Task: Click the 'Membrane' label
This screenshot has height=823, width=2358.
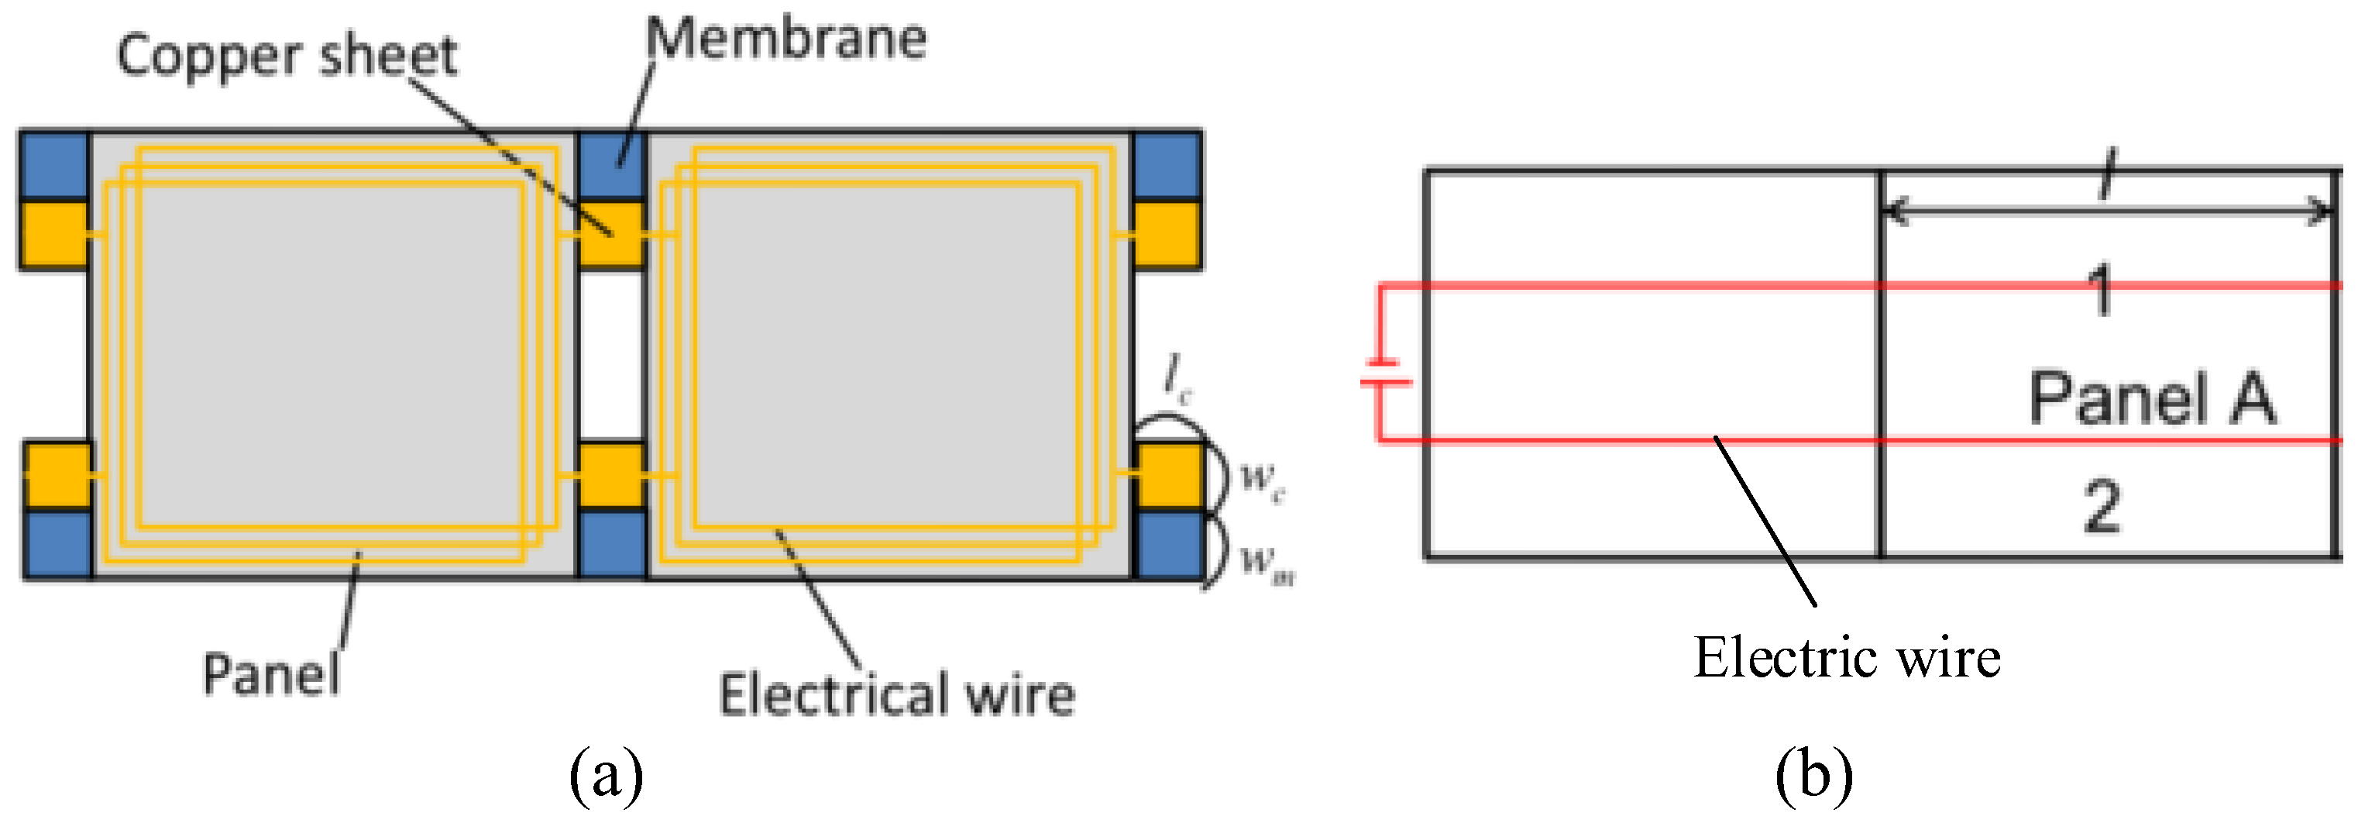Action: pyautogui.click(x=786, y=40)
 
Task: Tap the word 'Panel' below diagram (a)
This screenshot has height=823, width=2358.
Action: pyautogui.click(x=271, y=676)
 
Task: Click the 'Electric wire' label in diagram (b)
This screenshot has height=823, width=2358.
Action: pyautogui.click(x=1846, y=658)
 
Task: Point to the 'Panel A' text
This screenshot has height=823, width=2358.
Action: pyautogui.click(x=2152, y=399)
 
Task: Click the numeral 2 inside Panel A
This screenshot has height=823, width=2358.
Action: pyautogui.click(x=2102, y=506)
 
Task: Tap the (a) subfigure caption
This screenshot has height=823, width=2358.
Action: pyautogui.click(x=606, y=777)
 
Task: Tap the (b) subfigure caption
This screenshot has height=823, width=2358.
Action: pyautogui.click(x=1813, y=777)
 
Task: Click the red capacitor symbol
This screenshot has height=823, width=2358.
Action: pyautogui.click(x=1385, y=373)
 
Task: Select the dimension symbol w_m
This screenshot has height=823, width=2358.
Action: pyautogui.click(x=1266, y=560)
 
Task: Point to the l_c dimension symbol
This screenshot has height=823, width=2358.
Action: pyautogui.click(x=1177, y=377)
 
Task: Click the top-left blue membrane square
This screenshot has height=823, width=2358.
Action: pyautogui.click(x=55, y=166)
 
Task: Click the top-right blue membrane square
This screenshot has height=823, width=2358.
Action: pyautogui.click(x=1167, y=166)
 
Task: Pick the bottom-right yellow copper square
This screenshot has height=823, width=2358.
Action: pyautogui.click(x=1169, y=475)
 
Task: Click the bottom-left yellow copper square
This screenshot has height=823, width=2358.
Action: pyautogui.click(x=57, y=475)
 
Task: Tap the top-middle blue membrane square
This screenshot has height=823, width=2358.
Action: pyautogui.click(x=611, y=166)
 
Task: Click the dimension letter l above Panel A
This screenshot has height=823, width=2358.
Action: pyautogui.click(x=2107, y=174)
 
